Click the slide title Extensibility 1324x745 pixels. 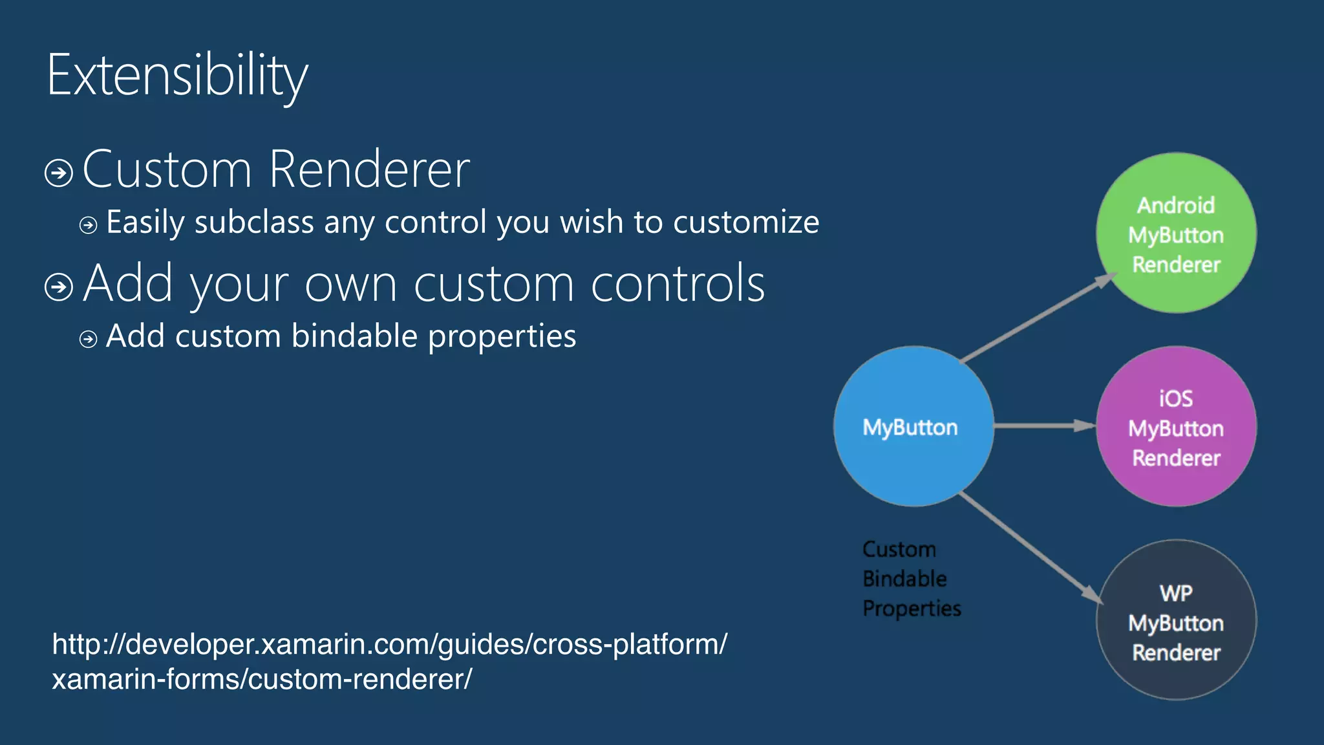177,76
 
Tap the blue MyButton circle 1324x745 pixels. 913,427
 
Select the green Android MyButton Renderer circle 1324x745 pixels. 1176,233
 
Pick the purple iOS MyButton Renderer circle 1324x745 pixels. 1176,427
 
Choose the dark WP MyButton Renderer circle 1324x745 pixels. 1176,620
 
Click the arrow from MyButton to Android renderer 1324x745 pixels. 1038,318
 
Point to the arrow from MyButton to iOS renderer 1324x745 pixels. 1044,426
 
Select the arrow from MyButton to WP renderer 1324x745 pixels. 1031,547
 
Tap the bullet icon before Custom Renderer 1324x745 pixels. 59,173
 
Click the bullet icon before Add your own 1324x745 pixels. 59,286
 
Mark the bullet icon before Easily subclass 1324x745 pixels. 89,225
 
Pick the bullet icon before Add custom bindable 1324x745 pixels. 89,339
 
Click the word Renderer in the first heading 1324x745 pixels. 369,169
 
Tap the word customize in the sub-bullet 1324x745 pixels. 746,222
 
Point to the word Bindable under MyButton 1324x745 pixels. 904,579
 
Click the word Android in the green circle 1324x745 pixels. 1176,206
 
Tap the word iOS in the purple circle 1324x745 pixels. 1176,398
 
